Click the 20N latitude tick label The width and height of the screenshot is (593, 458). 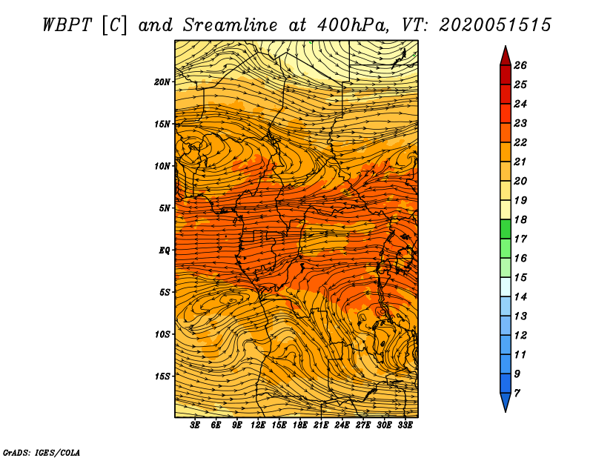162,82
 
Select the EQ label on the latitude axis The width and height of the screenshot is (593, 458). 164,250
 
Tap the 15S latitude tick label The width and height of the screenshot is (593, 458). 162,376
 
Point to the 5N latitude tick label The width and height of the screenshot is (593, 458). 165,208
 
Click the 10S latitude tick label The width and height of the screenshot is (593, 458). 162,334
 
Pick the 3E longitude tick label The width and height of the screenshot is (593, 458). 195,425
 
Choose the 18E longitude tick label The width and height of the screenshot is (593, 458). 300,425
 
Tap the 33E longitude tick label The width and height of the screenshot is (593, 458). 405,425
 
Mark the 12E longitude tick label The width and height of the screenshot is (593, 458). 258,425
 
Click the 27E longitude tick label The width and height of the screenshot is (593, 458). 363,425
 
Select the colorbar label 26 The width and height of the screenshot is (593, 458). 520,65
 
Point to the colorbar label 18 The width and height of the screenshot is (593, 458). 520,219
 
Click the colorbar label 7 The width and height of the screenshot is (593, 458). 517,394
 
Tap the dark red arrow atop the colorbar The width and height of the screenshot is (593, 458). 506,57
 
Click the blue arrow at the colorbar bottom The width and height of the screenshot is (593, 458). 506,401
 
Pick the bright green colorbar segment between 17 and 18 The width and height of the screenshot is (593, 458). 506,229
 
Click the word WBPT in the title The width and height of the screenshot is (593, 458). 67,25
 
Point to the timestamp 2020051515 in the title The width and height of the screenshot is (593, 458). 495,25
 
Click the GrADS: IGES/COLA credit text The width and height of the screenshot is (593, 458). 41,452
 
